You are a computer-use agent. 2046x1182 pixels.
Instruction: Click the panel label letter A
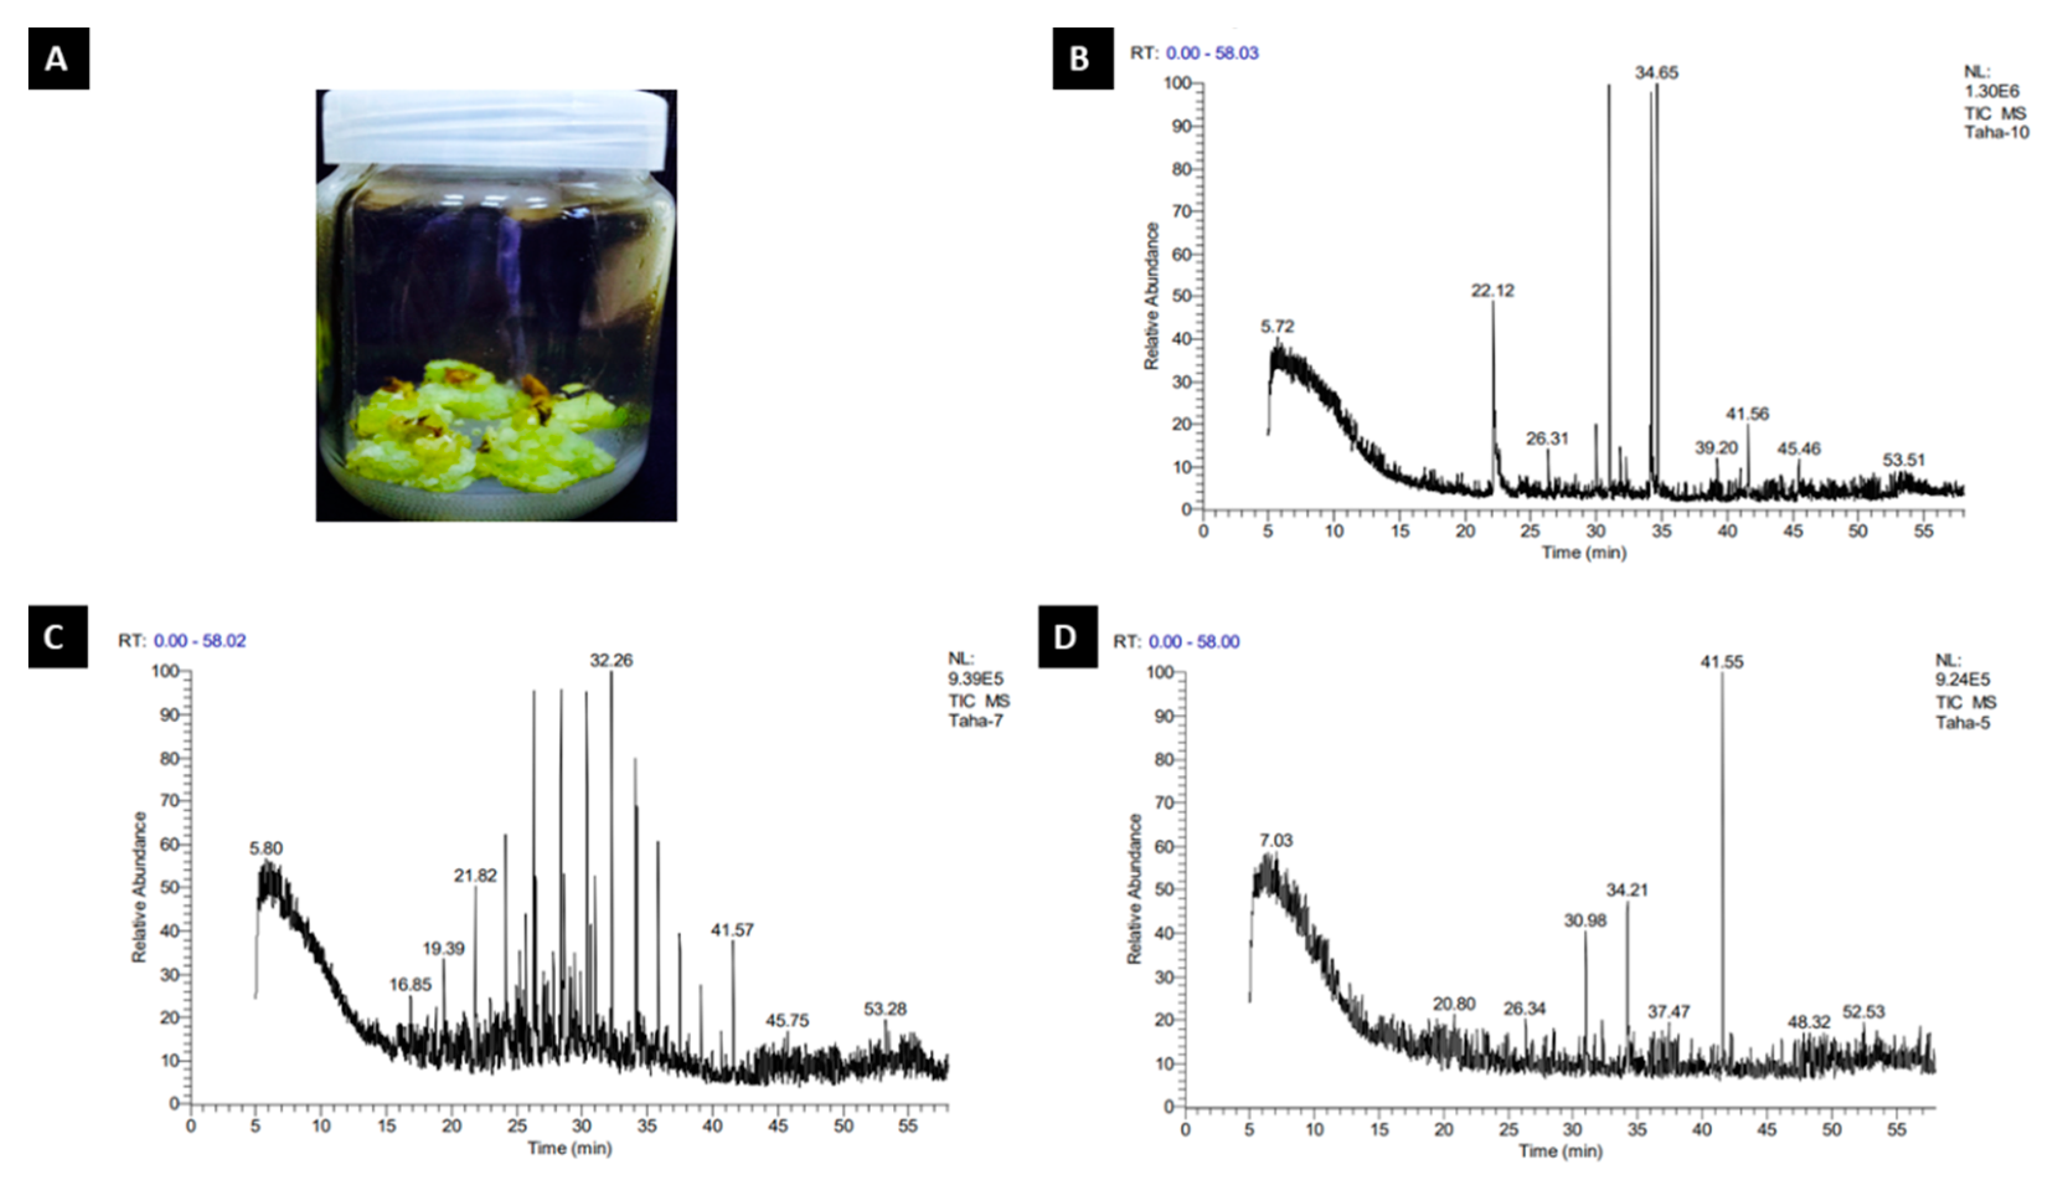[x=58, y=58]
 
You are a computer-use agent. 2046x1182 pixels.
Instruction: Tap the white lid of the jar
[x=496, y=126]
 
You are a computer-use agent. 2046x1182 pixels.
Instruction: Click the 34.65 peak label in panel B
[x=1657, y=73]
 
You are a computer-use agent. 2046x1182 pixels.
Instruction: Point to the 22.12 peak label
[x=1492, y=291]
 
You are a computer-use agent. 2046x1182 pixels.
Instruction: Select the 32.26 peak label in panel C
[x=612, y=661]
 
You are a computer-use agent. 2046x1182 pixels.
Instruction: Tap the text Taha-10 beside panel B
[x=1996, y=132]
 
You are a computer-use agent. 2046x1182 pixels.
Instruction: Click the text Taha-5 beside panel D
[x=1963, y=722]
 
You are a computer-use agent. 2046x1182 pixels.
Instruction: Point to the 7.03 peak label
[x=1276, y=841]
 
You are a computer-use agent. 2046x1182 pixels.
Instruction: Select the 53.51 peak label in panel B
[x=1904, y=460]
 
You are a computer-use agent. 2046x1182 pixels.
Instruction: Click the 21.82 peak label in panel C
[x=475, y=876]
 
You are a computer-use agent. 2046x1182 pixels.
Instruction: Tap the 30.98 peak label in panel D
[x=1585, y=920]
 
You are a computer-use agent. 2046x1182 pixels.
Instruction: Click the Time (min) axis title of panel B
[x=1584, y=553]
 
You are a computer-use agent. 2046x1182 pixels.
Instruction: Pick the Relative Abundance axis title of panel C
[x=140, y=887]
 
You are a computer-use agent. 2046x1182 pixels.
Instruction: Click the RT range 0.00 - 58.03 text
[x=1212, y=53]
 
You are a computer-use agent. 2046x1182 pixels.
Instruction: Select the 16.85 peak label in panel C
[x=410, y=985]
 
